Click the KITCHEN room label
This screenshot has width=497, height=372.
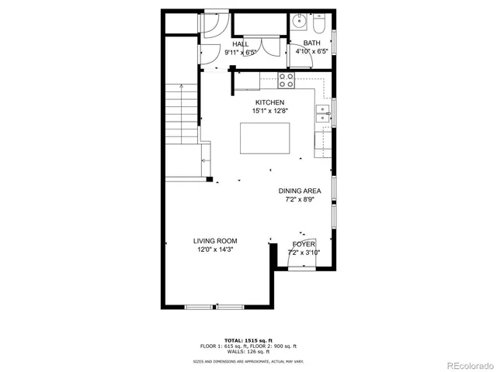[269, 102]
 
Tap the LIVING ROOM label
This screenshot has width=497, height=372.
[215, 241]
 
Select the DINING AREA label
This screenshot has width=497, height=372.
[301, 191]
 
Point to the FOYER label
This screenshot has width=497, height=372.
[303, 244]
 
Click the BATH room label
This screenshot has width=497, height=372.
[311, 43]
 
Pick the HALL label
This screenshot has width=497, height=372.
[241, 44]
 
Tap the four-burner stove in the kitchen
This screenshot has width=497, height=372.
[287, 78]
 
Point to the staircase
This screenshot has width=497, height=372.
[182, 116]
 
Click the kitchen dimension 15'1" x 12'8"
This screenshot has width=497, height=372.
[269, 112]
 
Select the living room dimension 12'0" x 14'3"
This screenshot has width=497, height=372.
[215, 250]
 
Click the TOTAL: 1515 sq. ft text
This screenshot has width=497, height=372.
[248, 340]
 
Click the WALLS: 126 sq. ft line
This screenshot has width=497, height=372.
[248, 351]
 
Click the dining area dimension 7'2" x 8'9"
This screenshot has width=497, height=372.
[301, 199]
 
